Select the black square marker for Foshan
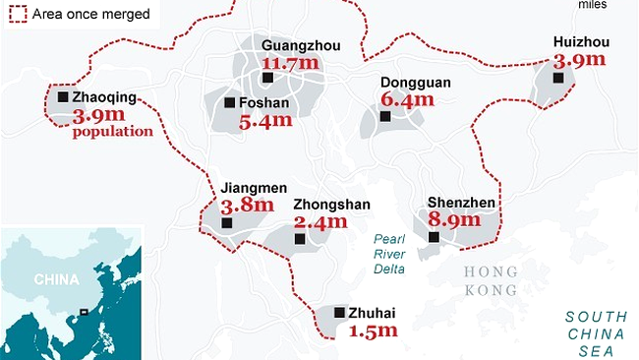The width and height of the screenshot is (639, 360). (229, 102)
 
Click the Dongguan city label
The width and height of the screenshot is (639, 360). (417, 83)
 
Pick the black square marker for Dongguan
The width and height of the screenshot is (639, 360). (384, 116)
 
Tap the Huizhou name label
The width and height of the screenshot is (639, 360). (582, 41)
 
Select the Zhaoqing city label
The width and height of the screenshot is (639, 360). (111, 97)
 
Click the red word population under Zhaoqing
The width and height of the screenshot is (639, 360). (112, 131)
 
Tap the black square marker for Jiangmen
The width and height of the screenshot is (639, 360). (228, 223)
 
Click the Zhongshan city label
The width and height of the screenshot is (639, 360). (331, 205)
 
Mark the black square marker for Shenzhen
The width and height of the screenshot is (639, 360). (434, 236)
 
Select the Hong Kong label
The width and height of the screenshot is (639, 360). (491, 280)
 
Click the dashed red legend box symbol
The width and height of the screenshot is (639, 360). (16, 14)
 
